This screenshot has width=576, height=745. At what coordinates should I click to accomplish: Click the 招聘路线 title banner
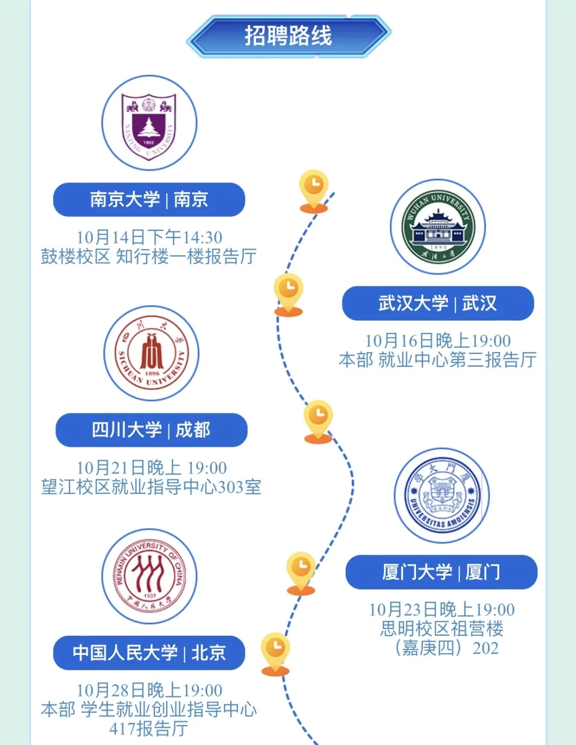point(289,36)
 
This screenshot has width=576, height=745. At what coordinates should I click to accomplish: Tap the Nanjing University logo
point(149,123)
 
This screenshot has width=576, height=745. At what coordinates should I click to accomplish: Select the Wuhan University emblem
point(438,227)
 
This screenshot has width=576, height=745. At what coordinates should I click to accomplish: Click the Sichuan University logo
point(151,354)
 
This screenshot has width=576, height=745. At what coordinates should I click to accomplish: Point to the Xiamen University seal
point(442,495)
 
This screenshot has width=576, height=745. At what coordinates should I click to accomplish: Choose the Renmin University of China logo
point(149,576)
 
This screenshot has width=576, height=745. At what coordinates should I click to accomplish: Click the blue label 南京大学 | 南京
point(149,199)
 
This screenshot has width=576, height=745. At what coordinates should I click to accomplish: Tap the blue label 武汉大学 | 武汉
point(438,303)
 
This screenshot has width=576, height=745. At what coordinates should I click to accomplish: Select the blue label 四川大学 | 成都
point(151,430)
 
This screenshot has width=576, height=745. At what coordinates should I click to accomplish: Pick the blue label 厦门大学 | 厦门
point(442,572)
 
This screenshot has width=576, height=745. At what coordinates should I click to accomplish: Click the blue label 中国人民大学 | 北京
point(149,653)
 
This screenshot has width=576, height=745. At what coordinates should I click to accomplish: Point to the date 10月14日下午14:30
point(149,237)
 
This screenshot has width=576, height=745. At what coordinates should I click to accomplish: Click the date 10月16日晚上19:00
point(438,341)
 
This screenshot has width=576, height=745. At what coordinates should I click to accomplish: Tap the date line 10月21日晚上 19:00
point(151,468)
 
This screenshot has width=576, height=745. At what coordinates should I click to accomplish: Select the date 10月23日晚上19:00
point(442,610)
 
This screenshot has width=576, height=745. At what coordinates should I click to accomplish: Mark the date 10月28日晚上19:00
point(149,690)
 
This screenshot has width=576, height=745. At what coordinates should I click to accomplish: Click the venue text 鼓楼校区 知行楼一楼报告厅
point(149,257)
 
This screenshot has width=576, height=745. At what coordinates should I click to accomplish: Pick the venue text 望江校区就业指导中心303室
point(151,487)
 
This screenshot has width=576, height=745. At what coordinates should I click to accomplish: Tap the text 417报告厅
point(149,728)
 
